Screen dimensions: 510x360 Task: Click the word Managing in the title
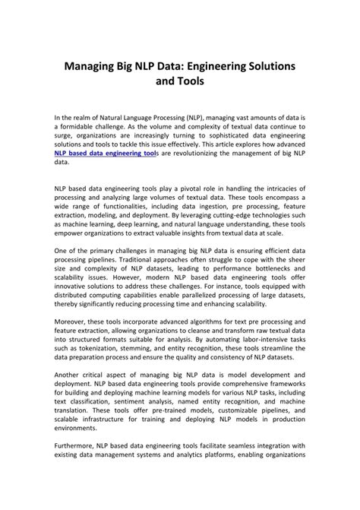(x=96, y=67)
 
